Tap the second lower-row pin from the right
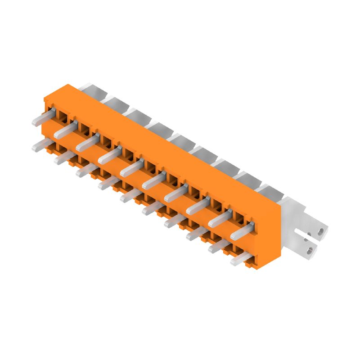tap(218, 247)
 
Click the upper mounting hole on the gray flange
tap(320, 232)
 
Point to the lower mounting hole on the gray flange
tap(310, 248)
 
